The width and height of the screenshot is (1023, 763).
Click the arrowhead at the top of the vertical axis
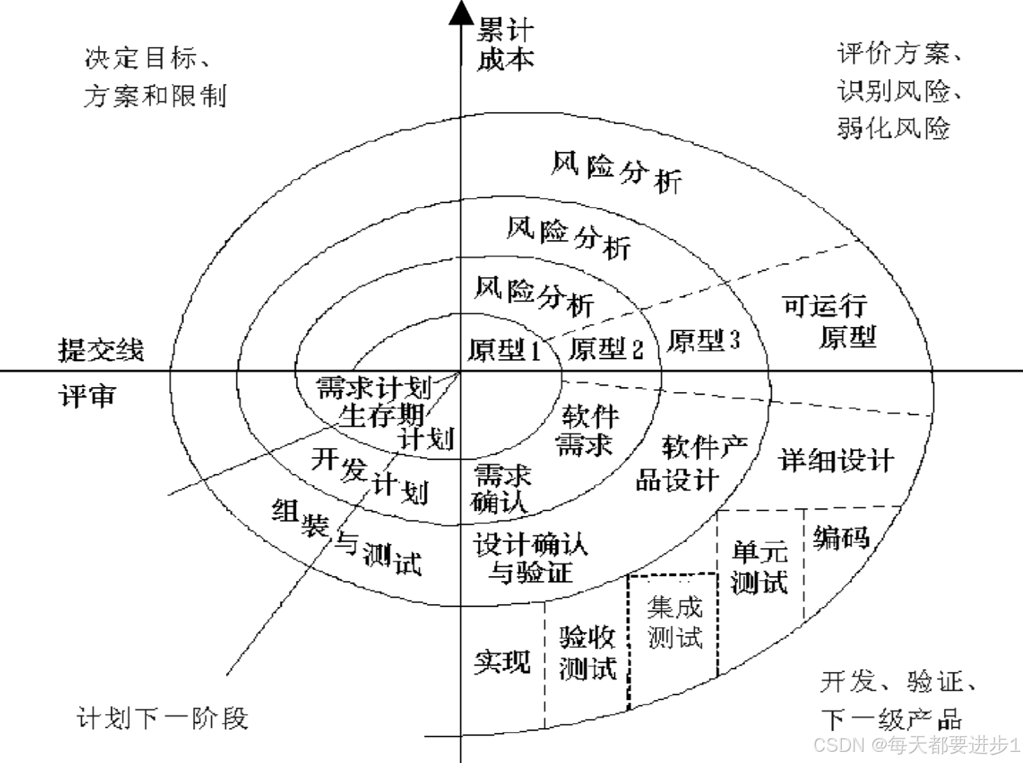pos(460,12)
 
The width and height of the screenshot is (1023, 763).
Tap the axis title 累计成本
pos(505,45)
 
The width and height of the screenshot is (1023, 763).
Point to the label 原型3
pos(703,340)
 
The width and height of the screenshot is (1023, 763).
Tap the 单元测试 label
pos(760,567)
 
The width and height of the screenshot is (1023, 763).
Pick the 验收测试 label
pos(587,652)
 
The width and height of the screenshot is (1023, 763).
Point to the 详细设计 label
pos(836,461)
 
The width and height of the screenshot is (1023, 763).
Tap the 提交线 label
pos(101,350)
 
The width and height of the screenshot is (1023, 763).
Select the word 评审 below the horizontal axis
pos(87,396)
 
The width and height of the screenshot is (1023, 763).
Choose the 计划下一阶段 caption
pos(162,718)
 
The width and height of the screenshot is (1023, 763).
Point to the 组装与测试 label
pos(347,538)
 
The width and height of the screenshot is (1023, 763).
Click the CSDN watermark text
pos(917,744)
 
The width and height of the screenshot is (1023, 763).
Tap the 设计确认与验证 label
pos(530,558)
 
